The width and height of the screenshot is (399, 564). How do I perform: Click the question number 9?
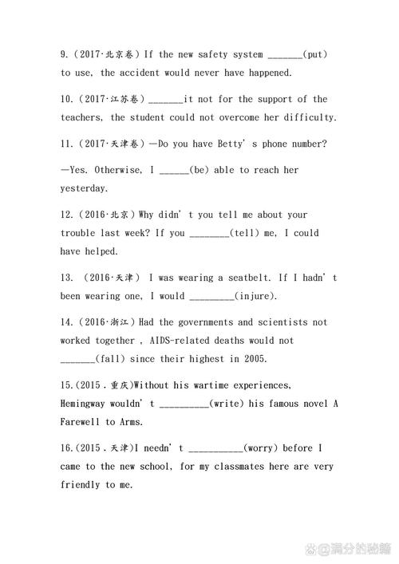65,54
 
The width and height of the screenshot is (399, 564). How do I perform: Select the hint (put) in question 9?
315,54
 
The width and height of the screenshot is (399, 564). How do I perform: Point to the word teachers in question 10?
81,118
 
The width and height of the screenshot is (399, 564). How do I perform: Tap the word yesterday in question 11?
84,189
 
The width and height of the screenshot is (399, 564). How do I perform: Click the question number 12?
68,215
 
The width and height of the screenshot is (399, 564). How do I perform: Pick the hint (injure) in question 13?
256,297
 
